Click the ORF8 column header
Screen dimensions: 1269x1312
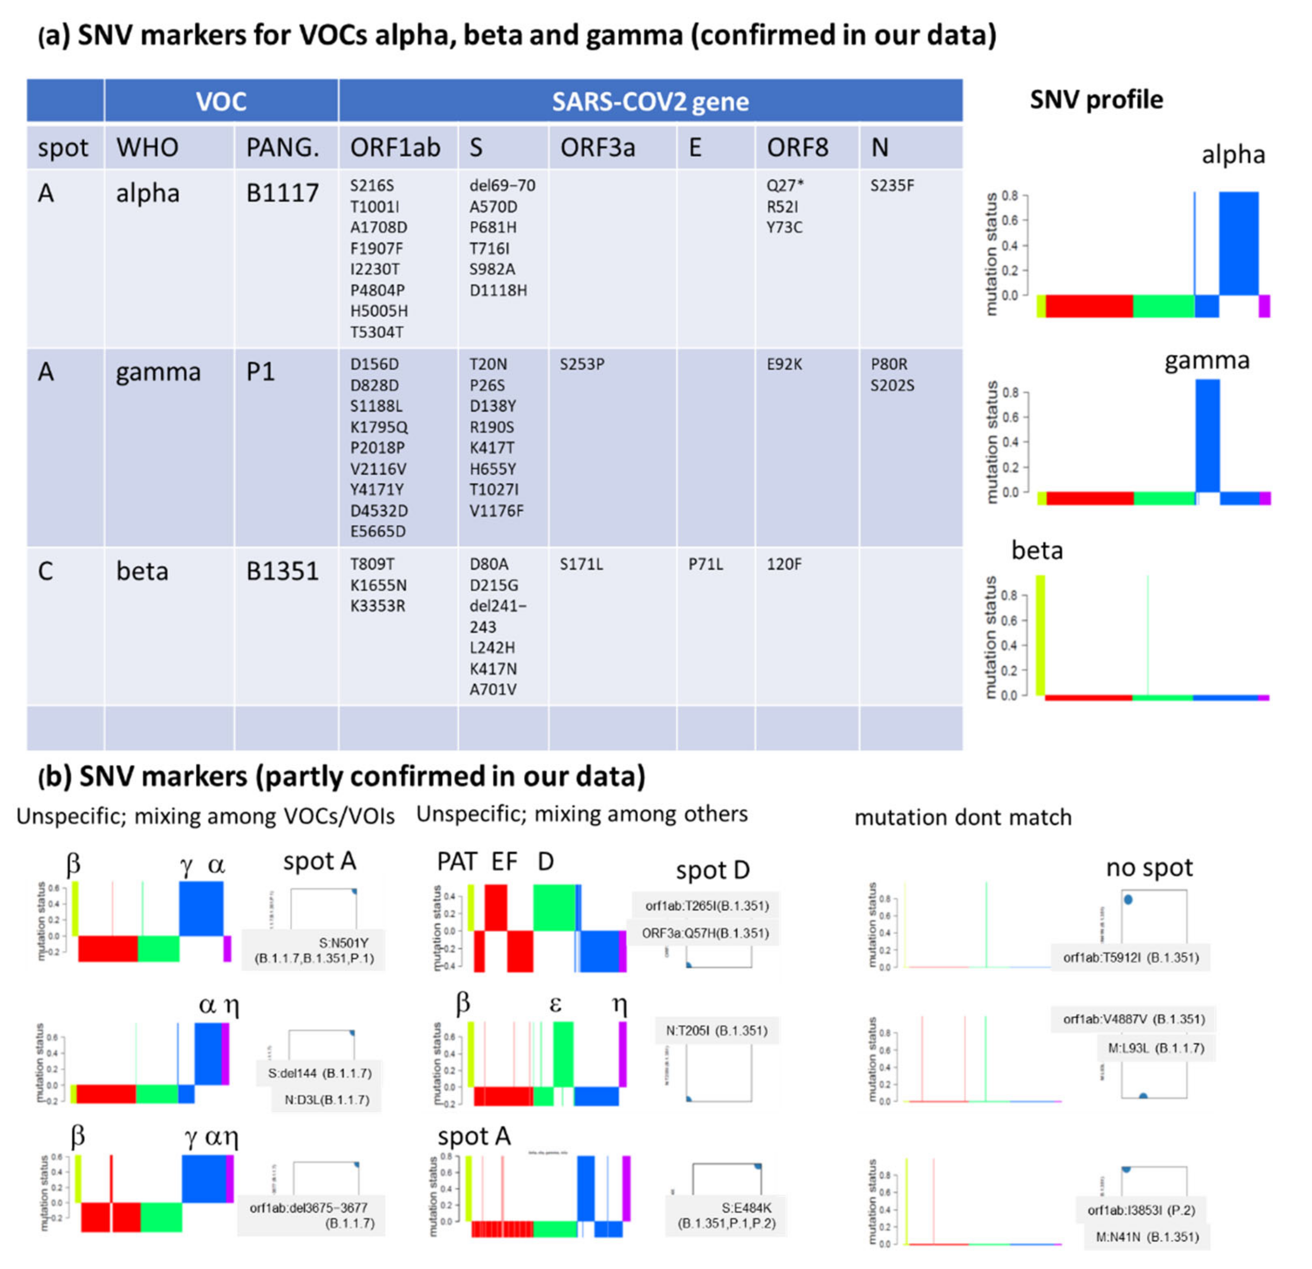coord(797,147)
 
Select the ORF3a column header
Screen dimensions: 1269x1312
coord(597,147)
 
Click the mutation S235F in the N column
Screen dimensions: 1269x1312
coord(892,186)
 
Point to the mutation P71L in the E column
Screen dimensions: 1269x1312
coord(706,564)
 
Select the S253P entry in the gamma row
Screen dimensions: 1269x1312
coord(582,364)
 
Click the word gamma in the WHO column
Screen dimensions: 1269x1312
coord(158,372)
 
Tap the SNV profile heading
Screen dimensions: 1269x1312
coord(1096,100)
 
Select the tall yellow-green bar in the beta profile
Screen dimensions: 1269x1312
coord(1040,635)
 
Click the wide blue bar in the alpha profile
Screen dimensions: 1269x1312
coord(1238,243)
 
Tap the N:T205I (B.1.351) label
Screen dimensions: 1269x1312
coord(716,1030)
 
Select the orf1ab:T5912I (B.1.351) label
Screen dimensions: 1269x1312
coord(1131,957)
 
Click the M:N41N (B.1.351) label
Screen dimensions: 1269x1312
coord(1147,1236)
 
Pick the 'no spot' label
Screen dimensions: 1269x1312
coord(1149,867)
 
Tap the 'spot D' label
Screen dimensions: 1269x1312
coord(712,870)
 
